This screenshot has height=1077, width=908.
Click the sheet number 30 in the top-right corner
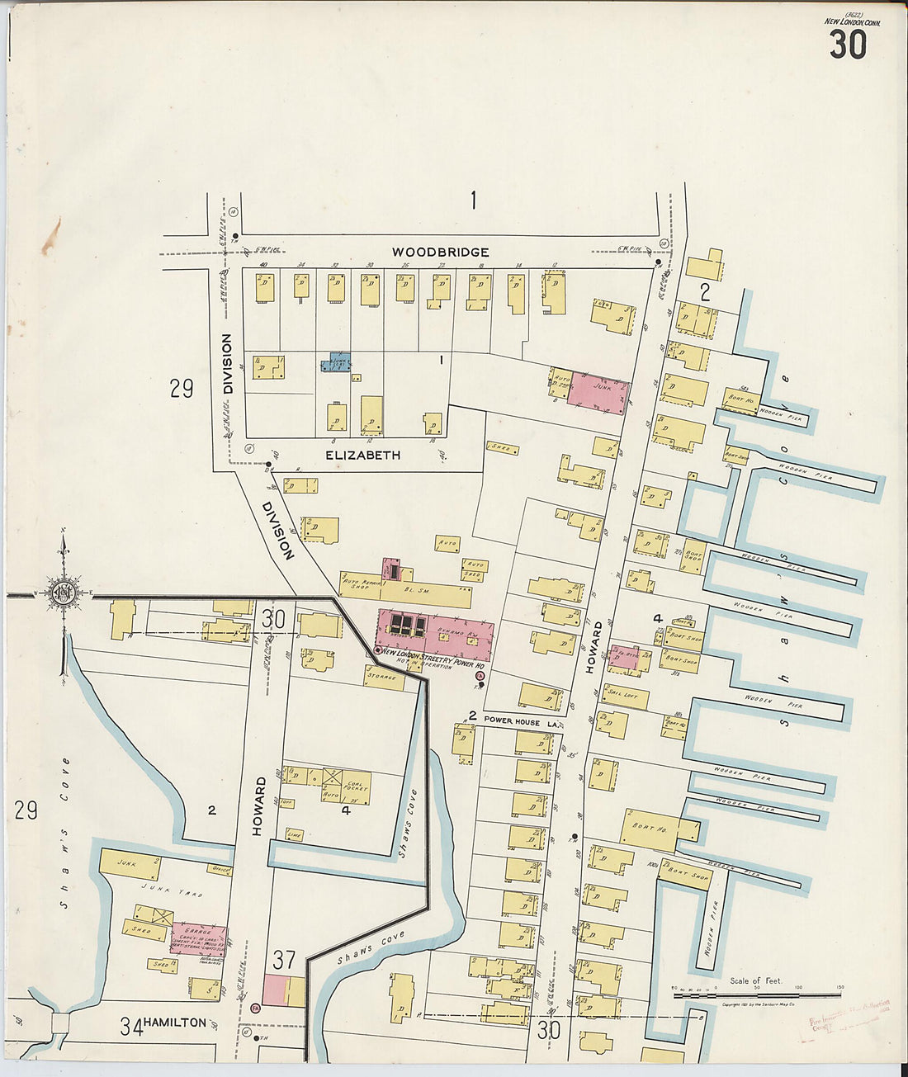848,45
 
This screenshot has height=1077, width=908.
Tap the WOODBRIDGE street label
440,252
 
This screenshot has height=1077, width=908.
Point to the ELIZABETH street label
362,455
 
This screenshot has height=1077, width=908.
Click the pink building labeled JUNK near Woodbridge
598,394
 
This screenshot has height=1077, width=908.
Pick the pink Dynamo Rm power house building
435,634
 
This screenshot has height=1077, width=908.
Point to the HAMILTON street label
174,1023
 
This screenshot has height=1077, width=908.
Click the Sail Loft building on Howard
625,696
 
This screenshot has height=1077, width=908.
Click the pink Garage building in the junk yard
197,938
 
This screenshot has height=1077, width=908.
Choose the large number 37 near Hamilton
284,960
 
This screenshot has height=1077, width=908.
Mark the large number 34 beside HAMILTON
130,1027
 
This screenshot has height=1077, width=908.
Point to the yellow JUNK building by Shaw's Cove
130,863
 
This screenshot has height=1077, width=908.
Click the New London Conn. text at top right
852,22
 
